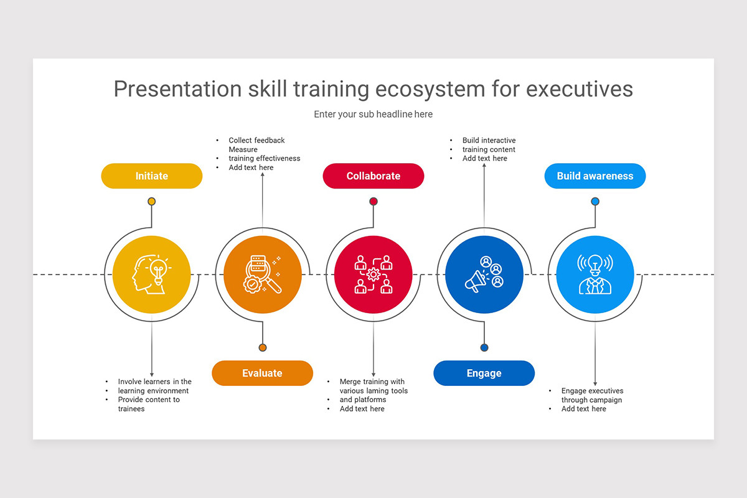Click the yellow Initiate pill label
coord(152,176)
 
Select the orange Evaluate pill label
coord(263,373)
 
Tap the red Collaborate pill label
coord(374,176)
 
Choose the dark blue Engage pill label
coord(484,373)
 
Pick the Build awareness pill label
coord(595,176)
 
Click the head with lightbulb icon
coord(152,275)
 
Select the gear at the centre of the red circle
coord(374,275)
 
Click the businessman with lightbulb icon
coord(595,275)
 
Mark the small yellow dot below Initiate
coord(152,202)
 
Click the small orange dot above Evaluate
coord(263,347)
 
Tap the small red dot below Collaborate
coord(374,202)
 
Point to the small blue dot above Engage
coord(484,347)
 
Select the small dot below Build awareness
coord(595,202)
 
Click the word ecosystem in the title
coord(431,89)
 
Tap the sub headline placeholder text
coord(374,115)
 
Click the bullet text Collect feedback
coord(256,140)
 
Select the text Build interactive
coord(489,140)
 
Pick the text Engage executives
coord(592,390)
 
